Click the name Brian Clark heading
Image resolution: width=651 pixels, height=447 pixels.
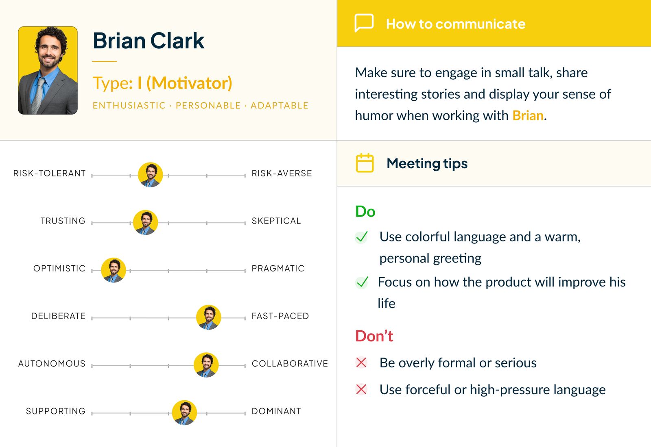pyautogui.click(x=149, y=41)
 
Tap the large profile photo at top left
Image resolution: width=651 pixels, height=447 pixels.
pyautogui.click(x=48, y=70)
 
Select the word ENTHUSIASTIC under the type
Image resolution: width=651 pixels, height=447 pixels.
pyautogui.click(x=129, y=106)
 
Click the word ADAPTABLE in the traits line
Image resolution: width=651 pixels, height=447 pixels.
pyautogui.click(x=279, y=106)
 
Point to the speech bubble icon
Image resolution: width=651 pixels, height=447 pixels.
pyautogui.click(x=364, y=23)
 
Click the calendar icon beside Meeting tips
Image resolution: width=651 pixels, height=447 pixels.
pyautogui.click(x=365, y=163)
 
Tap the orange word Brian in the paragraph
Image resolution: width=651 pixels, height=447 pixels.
pyautogui.click(x=528, y=116)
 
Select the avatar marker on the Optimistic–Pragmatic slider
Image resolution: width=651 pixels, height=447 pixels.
pyautogui.click(x=114, y=270)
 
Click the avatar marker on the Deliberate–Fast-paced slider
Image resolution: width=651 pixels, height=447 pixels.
pyautogui.click(x=209, y=317)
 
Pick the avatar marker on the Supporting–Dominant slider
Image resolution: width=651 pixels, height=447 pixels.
pyautogui.click(x=185, y=412)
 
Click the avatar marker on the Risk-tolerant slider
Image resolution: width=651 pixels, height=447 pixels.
pyautogui.click(x=151, y=175)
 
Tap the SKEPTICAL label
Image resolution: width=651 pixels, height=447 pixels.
pyautogui.click(x=276, y=221)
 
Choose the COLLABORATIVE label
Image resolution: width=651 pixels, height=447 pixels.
pyautogui.click(x=290, y=364)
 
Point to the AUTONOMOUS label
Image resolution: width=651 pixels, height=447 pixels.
pyautogui.click(x=52, y=364)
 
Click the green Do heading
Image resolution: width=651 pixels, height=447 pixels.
pyautogui.click(x=365, y=212)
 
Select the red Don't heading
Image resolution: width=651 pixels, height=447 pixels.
pyautogui.click(x=374, y=336)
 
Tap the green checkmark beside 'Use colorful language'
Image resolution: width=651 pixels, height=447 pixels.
pyautogui.click(x=361, y=237)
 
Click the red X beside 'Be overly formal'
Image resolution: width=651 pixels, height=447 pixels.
pyautogui.click(x=361, y=362)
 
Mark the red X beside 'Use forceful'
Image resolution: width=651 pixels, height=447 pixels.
pyautogui.click(x=361, y=389)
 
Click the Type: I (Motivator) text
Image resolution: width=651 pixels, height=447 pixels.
pyautogui.click(x=162, y=83)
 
